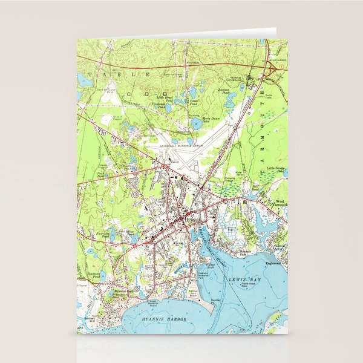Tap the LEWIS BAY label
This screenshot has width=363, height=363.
(x=247, y=279)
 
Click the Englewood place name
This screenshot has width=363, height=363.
(x=273, y=263)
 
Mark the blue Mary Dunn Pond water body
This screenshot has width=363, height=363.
(x=196, y=123)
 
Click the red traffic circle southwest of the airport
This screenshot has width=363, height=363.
(x=165, y=165)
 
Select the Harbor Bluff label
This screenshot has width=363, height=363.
(x=211, y=264)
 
